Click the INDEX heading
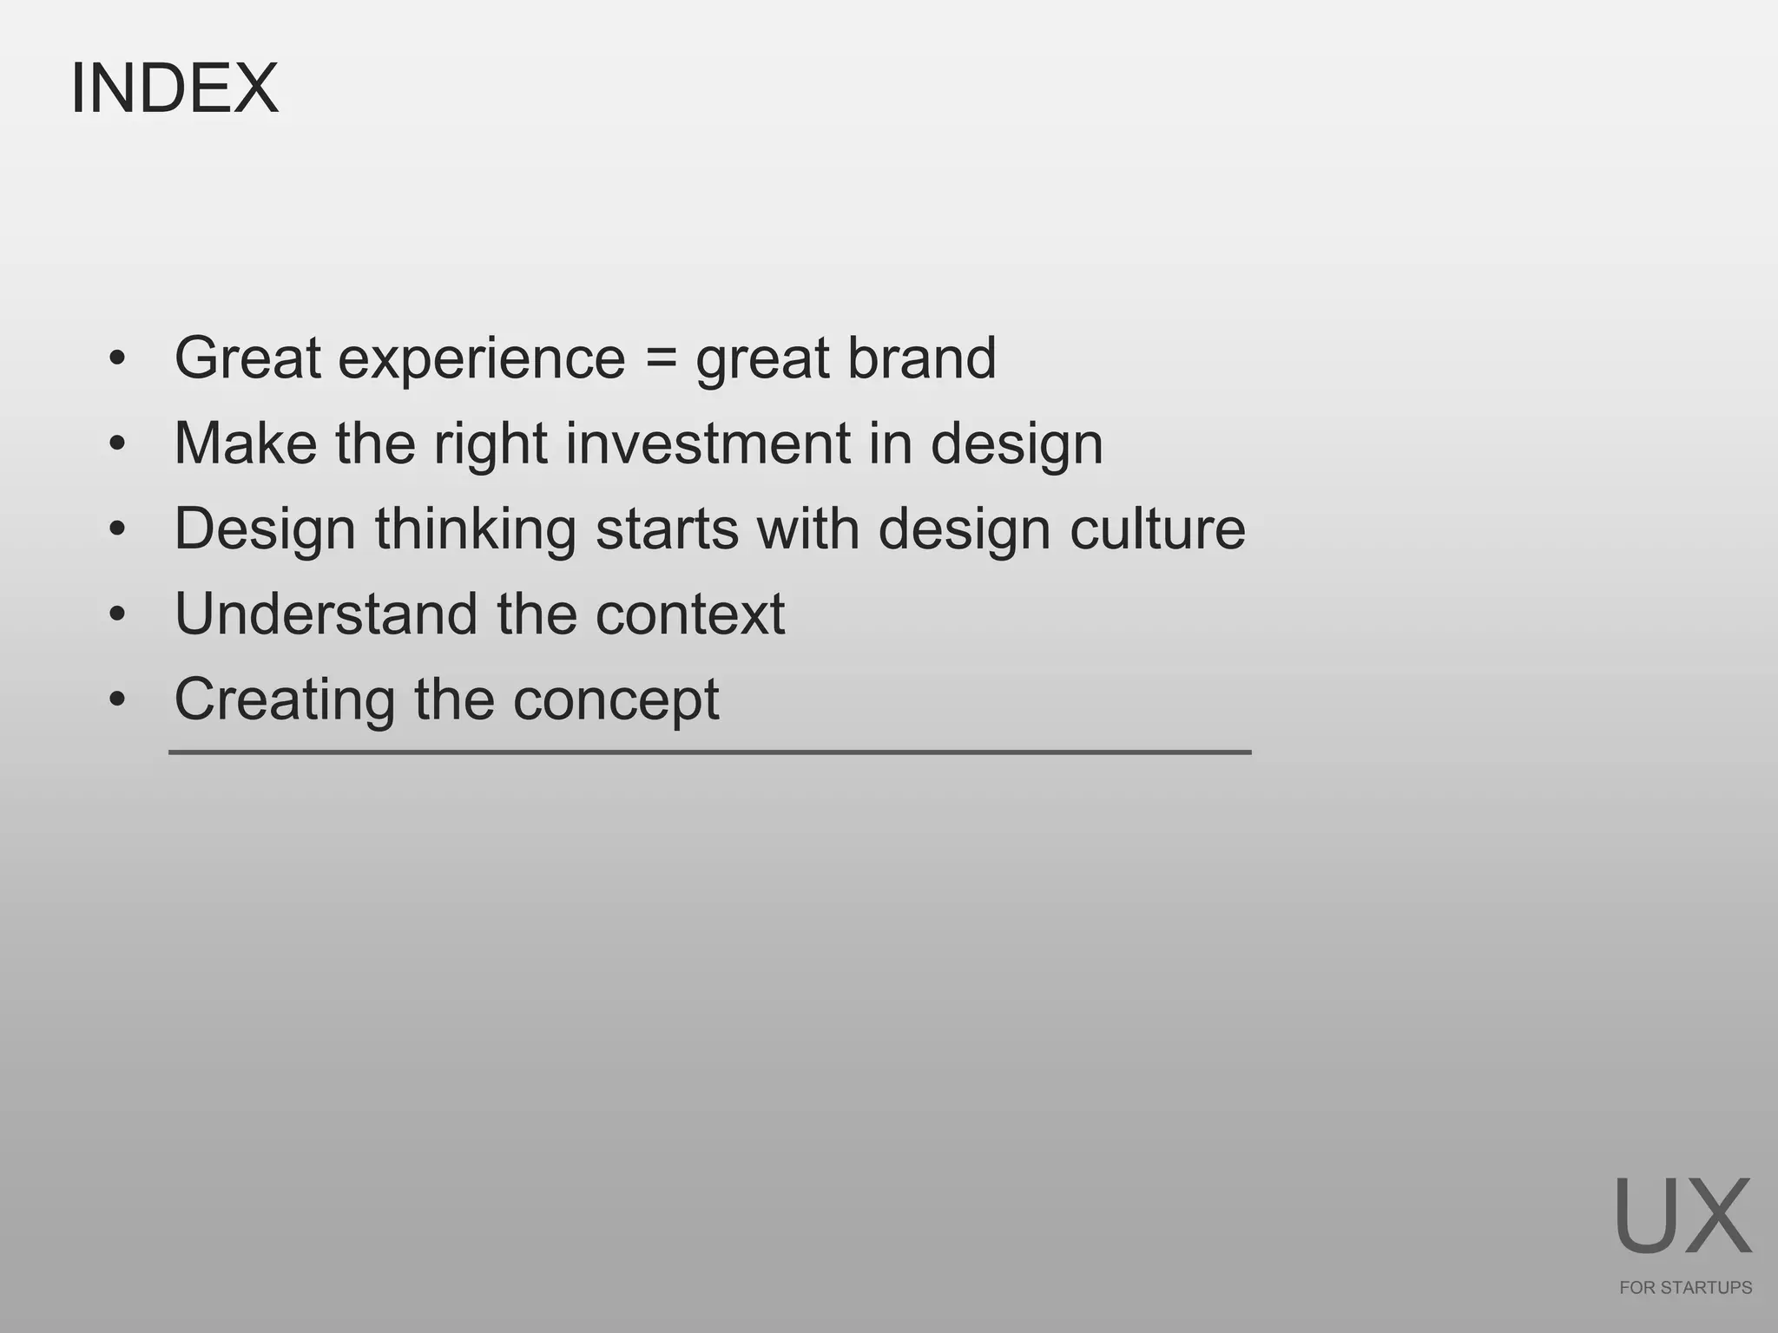[174, 89]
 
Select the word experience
[481, 358]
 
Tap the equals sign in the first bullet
[661, 358]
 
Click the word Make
[246, 443]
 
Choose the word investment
[708, 443]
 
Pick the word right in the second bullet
[491, 445]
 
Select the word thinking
[476, 529]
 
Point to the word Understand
[326, 614]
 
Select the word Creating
[285, 699]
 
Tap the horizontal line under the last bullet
[709, 752]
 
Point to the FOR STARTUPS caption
[1685, 1288]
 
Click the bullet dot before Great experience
[117, 358]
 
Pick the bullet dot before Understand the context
[117, 614]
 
